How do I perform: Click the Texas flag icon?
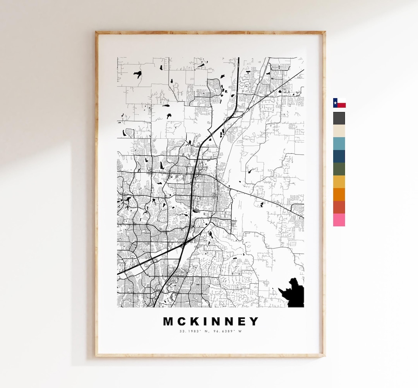pyautogui.click(x=339, y=103)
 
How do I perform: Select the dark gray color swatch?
pyautogui.click(x=339, y=118)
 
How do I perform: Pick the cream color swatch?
pyautogui.click(x=339, y=131)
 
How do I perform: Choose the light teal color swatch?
pyautogui.click(x=339, y=144)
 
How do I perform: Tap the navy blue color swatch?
pyautogui.click(x=339, y=157)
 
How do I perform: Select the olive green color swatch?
pyautogui.click(x=339, y=169)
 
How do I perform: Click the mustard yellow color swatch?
pyautogui.click(x=339, y=182)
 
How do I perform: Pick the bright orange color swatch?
pyautogui.click(x=339, y=195)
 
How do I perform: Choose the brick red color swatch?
pyautogui.click(x=339, y=208)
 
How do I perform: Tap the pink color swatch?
pyautogui.click(x=339, y=220)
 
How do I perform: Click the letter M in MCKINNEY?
pyautogui.click(x=168, y=322)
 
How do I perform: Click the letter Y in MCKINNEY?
pyautogui.click(x=254, y=322)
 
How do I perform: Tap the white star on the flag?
pyautogui.click(x=335, y=103)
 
